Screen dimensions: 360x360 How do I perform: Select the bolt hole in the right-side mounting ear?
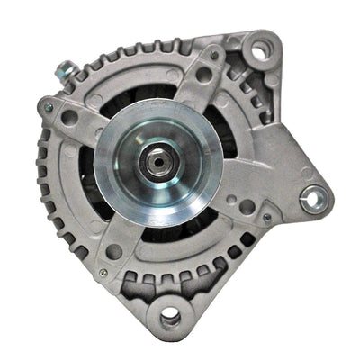313,199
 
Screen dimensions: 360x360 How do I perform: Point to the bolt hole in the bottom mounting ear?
168,316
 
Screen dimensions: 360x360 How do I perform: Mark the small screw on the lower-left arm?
103,272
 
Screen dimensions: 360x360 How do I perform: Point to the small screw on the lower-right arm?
266,217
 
